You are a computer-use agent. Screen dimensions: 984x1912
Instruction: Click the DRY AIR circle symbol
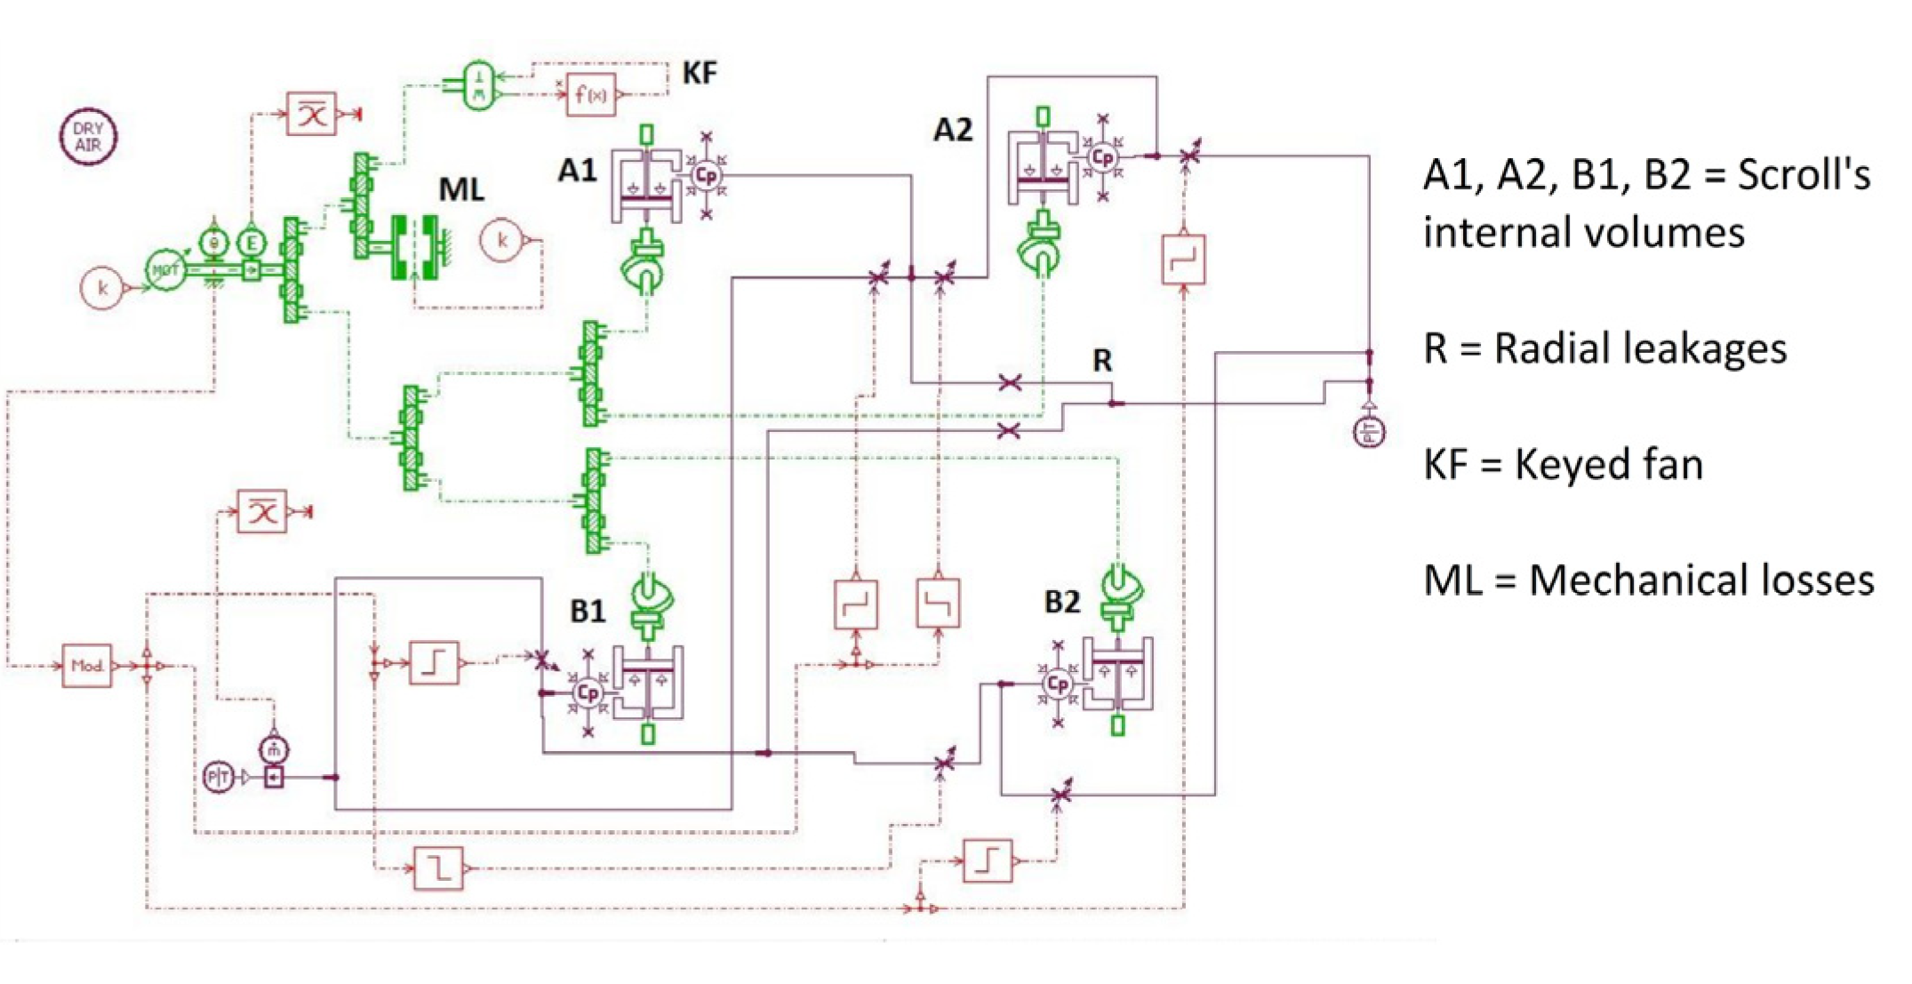88,136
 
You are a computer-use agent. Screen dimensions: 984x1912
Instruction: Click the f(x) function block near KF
591,93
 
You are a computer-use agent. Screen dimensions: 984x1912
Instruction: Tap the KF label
699,72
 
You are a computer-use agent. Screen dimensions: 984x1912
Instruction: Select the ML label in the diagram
461,189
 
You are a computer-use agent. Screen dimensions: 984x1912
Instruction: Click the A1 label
577,170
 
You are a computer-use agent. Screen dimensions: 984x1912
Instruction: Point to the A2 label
952,131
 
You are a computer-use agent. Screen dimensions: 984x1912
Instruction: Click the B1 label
587,612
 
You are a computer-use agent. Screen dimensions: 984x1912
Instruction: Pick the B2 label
1061,603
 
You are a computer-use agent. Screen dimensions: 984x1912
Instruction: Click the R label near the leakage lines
1101,361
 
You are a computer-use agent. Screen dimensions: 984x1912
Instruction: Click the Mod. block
87,665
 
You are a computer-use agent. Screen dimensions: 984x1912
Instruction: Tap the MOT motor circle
165,269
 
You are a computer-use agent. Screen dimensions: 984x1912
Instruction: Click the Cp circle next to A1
706,175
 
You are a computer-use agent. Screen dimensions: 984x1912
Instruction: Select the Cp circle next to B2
1057,684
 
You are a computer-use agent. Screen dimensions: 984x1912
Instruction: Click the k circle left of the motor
102,288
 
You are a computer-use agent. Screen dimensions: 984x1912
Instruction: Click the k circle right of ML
502,240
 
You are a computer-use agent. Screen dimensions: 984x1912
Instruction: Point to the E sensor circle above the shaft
252,242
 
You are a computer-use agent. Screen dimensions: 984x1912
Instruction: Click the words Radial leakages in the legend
1640,348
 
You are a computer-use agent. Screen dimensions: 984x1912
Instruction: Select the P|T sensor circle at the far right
1369,432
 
